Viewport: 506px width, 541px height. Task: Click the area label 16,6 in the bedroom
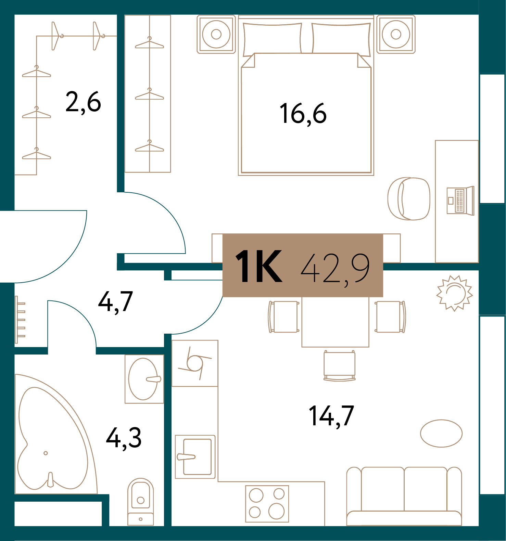(x=303, y=114)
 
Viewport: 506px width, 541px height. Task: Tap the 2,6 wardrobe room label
(x=83, y=102)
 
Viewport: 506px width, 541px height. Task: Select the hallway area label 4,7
(x=115, y=302)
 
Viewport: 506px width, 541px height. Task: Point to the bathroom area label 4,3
(x=124, y=438)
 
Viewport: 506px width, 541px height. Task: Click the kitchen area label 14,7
(x=331, y=416)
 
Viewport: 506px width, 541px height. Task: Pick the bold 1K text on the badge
(x=259, y=266)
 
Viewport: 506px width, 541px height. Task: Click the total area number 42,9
(x=335, y=268)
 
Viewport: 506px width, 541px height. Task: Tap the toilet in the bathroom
(x=140, y=501)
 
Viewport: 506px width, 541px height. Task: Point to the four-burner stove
(x=267, y=503)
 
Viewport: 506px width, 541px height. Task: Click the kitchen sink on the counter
(x=195, y=457)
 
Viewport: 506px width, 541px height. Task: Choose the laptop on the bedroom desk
(x=460, y=201)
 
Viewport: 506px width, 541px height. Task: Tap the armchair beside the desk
(x=409, y=198)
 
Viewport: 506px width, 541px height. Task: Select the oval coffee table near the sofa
(x=441, y=433)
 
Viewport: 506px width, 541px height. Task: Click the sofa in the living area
(x=404, y=496)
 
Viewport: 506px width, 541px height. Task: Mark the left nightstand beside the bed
(x=216, y=34)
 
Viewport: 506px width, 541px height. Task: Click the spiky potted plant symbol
(x=454, y=293)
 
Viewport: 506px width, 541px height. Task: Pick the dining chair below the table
(x=340, y=365)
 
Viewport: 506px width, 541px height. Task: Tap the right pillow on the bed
(x=341, y=39)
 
